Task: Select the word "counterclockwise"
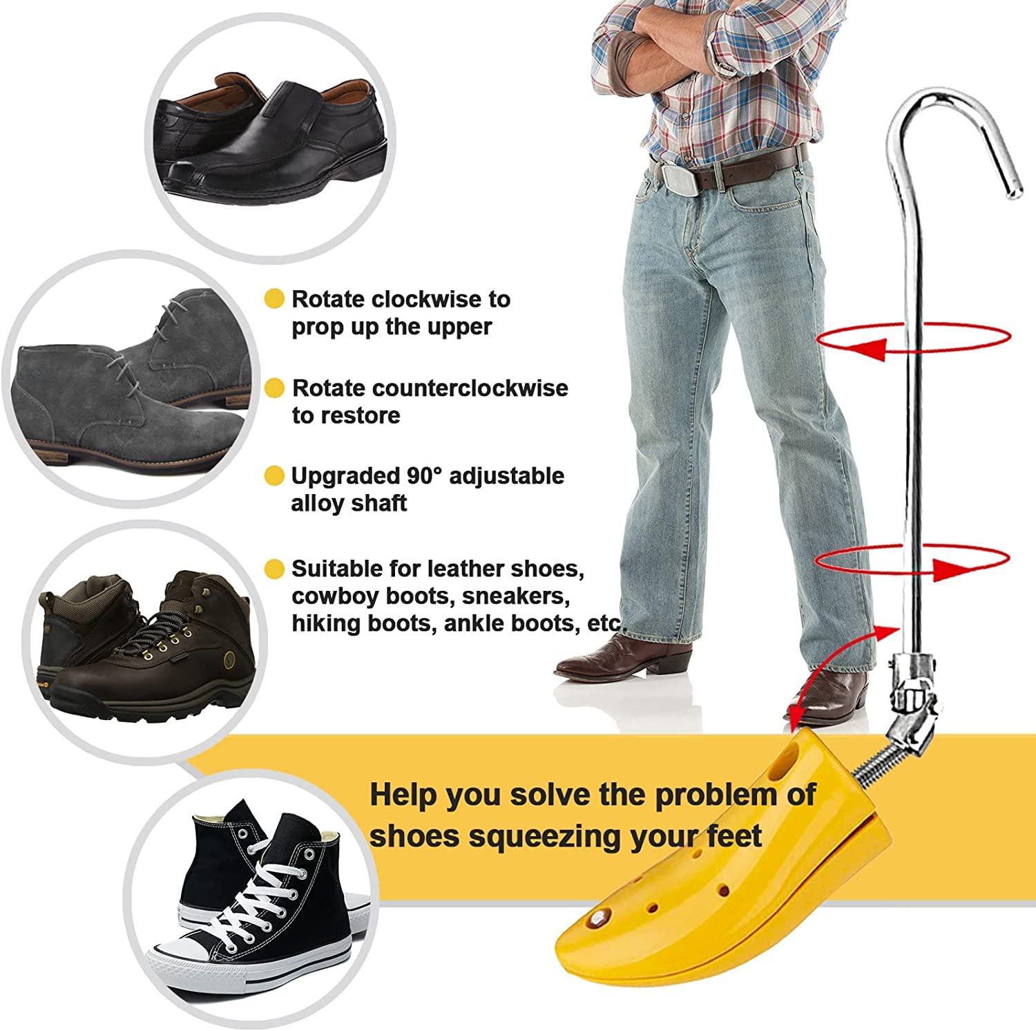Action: (430, 388)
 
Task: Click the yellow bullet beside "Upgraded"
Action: (274, 476)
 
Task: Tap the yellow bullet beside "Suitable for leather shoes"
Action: (274, 569)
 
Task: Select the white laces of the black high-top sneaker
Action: (266, 891)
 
